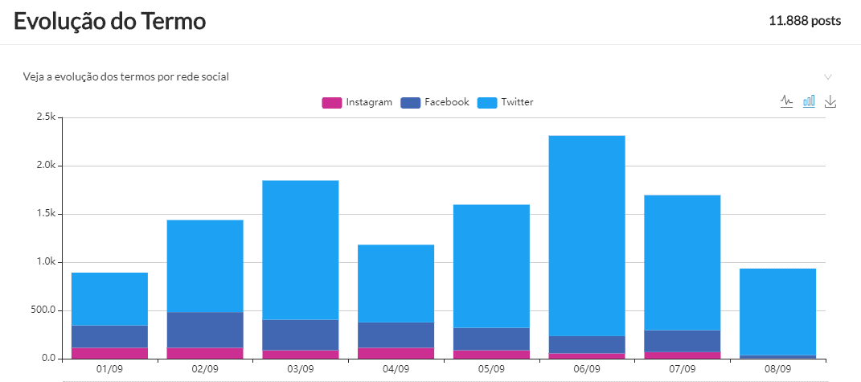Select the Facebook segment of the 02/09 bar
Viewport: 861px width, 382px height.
(205, 330)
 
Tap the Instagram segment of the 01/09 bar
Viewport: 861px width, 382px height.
(109, 353)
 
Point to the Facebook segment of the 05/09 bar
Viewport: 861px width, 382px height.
(491, 339)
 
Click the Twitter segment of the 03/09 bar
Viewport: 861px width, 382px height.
(300, 250)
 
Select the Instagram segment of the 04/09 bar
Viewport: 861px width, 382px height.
(396, 353)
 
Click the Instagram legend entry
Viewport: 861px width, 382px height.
(357, 102)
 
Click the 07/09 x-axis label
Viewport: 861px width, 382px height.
(683, 368)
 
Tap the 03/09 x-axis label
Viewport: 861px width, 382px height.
(300, 368)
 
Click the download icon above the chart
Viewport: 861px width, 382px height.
(831, 101)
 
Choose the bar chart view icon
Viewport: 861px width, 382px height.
(810, 101)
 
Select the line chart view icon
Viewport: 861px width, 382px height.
(787, 101)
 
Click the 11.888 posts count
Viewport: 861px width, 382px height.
(805, 21)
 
